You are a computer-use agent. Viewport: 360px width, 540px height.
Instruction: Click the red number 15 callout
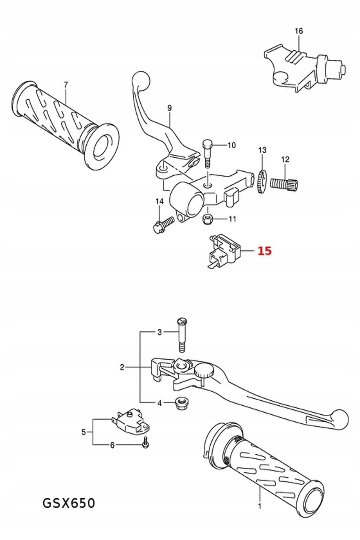tap(264, 251)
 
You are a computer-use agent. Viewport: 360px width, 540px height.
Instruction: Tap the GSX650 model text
tap(69, 503)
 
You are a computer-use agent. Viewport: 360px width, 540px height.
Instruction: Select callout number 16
tap(299, 31)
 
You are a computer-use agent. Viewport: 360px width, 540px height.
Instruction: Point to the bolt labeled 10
tap(207, 153)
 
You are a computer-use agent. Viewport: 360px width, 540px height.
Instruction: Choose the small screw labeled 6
tap(145, 442)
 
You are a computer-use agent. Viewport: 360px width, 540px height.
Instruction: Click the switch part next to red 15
tap(223, 250)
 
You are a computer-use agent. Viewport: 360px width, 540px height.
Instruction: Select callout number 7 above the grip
tap(66, 85)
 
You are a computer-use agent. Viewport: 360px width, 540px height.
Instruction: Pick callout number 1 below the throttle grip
tap(260, 507)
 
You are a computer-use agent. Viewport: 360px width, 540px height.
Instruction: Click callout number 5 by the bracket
tap(84, 432)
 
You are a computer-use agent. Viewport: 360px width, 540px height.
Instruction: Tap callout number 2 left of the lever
tap(122, 367)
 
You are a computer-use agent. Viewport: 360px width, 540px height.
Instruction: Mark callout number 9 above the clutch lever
tap(169, 108)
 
